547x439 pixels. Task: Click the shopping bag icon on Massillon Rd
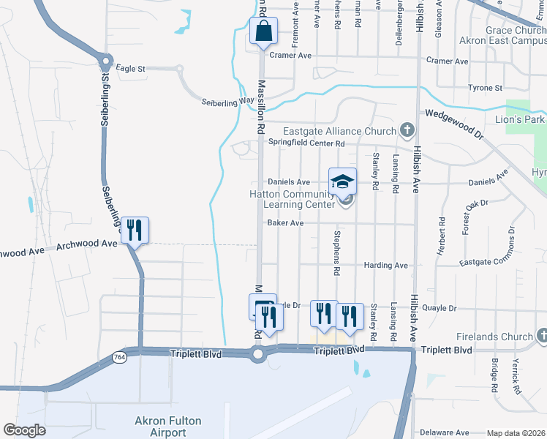[263, 31]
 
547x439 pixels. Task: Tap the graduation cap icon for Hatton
[342, 181]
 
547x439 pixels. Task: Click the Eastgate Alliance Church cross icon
[407, 131]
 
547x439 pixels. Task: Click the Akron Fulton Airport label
[167, 426]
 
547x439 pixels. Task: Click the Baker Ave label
[285, 222]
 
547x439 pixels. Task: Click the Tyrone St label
[485, 88]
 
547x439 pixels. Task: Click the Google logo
[24, 431]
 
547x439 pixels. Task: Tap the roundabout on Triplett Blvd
[257, 355]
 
